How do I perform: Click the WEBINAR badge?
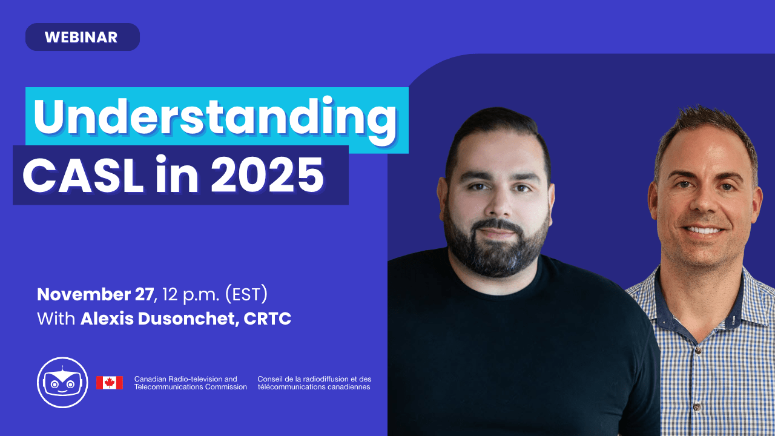pos(82,37)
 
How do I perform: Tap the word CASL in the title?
pos(83,175)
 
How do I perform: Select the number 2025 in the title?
pos(267,175)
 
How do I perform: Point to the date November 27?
pos(95,294)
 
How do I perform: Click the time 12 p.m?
pos(191,295)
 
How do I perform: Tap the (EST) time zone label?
pos(246,294)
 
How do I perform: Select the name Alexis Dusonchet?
pos(158,319)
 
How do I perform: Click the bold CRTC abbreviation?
pos(268,319)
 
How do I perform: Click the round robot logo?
pos(62,382)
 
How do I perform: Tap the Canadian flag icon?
pos(110,383)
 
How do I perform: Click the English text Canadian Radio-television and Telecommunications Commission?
pos(190,383)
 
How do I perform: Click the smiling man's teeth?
pos(704,230)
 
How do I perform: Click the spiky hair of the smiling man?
pos(706,131)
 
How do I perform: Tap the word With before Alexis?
pos(56,319)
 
